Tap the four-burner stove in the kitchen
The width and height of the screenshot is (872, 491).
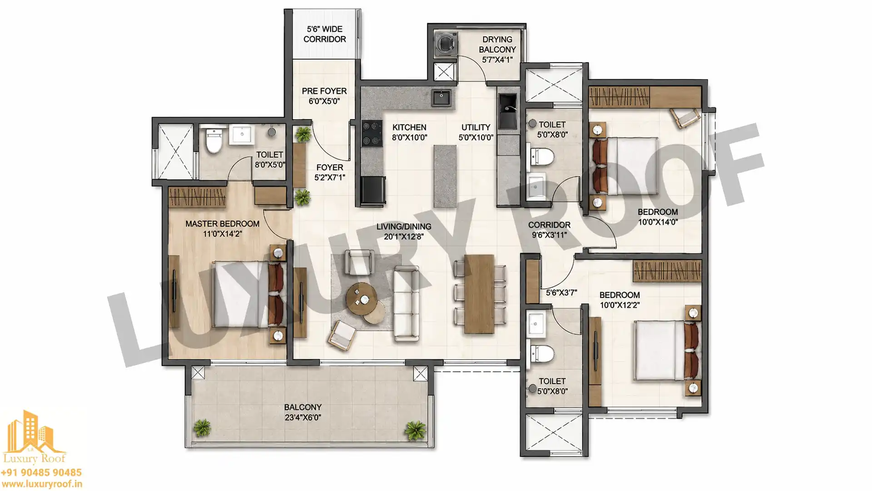(x=372, y=133)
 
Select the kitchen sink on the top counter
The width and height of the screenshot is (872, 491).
(x=441, y=98)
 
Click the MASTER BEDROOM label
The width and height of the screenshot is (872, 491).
(x=223, y=224)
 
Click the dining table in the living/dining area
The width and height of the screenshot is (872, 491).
(x=479, y=294)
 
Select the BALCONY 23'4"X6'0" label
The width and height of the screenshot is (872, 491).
(x=303, y=412)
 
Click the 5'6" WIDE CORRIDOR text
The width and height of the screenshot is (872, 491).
(x=325, y=34)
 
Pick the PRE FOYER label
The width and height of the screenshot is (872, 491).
(x=324, y=91)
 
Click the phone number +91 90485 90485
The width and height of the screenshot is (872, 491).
(x=41, y=473)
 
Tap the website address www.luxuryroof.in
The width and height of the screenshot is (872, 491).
(x=41, y=485)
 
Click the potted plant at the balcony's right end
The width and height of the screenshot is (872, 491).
(x=415, y=430)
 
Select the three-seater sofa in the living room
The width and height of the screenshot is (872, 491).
(x=406, y=303)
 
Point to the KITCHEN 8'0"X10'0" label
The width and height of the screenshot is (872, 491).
(x=410, y=132)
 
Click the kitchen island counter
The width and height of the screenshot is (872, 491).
(x=445, y=176)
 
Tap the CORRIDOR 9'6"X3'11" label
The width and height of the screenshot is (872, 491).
(x=549, y=230)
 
